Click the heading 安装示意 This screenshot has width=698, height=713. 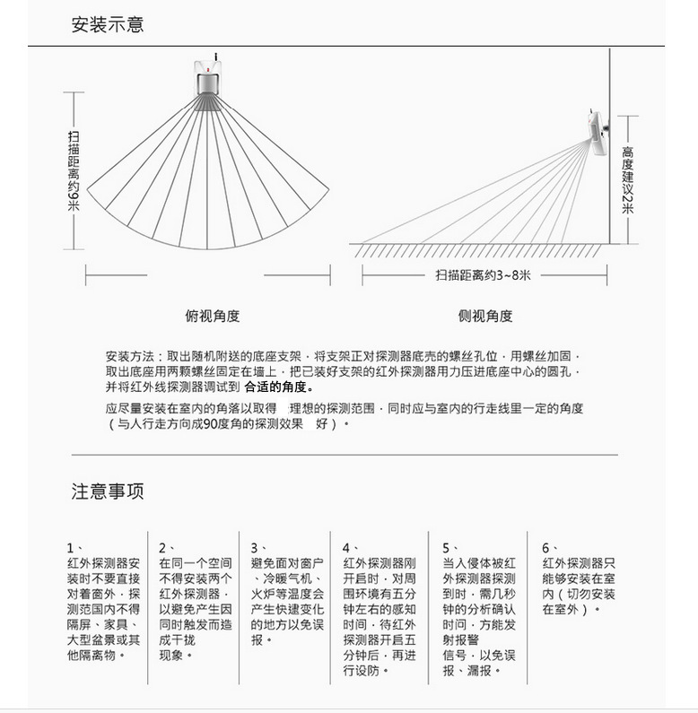point(108,25)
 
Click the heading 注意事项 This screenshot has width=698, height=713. point(108,491)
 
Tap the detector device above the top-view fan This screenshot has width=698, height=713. point(208,76)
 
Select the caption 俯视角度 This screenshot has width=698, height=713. point(213,316)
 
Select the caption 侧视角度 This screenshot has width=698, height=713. point(485,316)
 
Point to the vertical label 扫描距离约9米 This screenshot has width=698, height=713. point(74,170)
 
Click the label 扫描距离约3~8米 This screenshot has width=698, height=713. point(483,274)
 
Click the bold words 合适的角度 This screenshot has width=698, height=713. point(278,387)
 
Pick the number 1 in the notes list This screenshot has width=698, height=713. point(70,547)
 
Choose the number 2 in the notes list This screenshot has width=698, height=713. point(162,547)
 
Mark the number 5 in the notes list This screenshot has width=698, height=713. point(446,547)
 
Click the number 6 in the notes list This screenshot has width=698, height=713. point(545,547)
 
